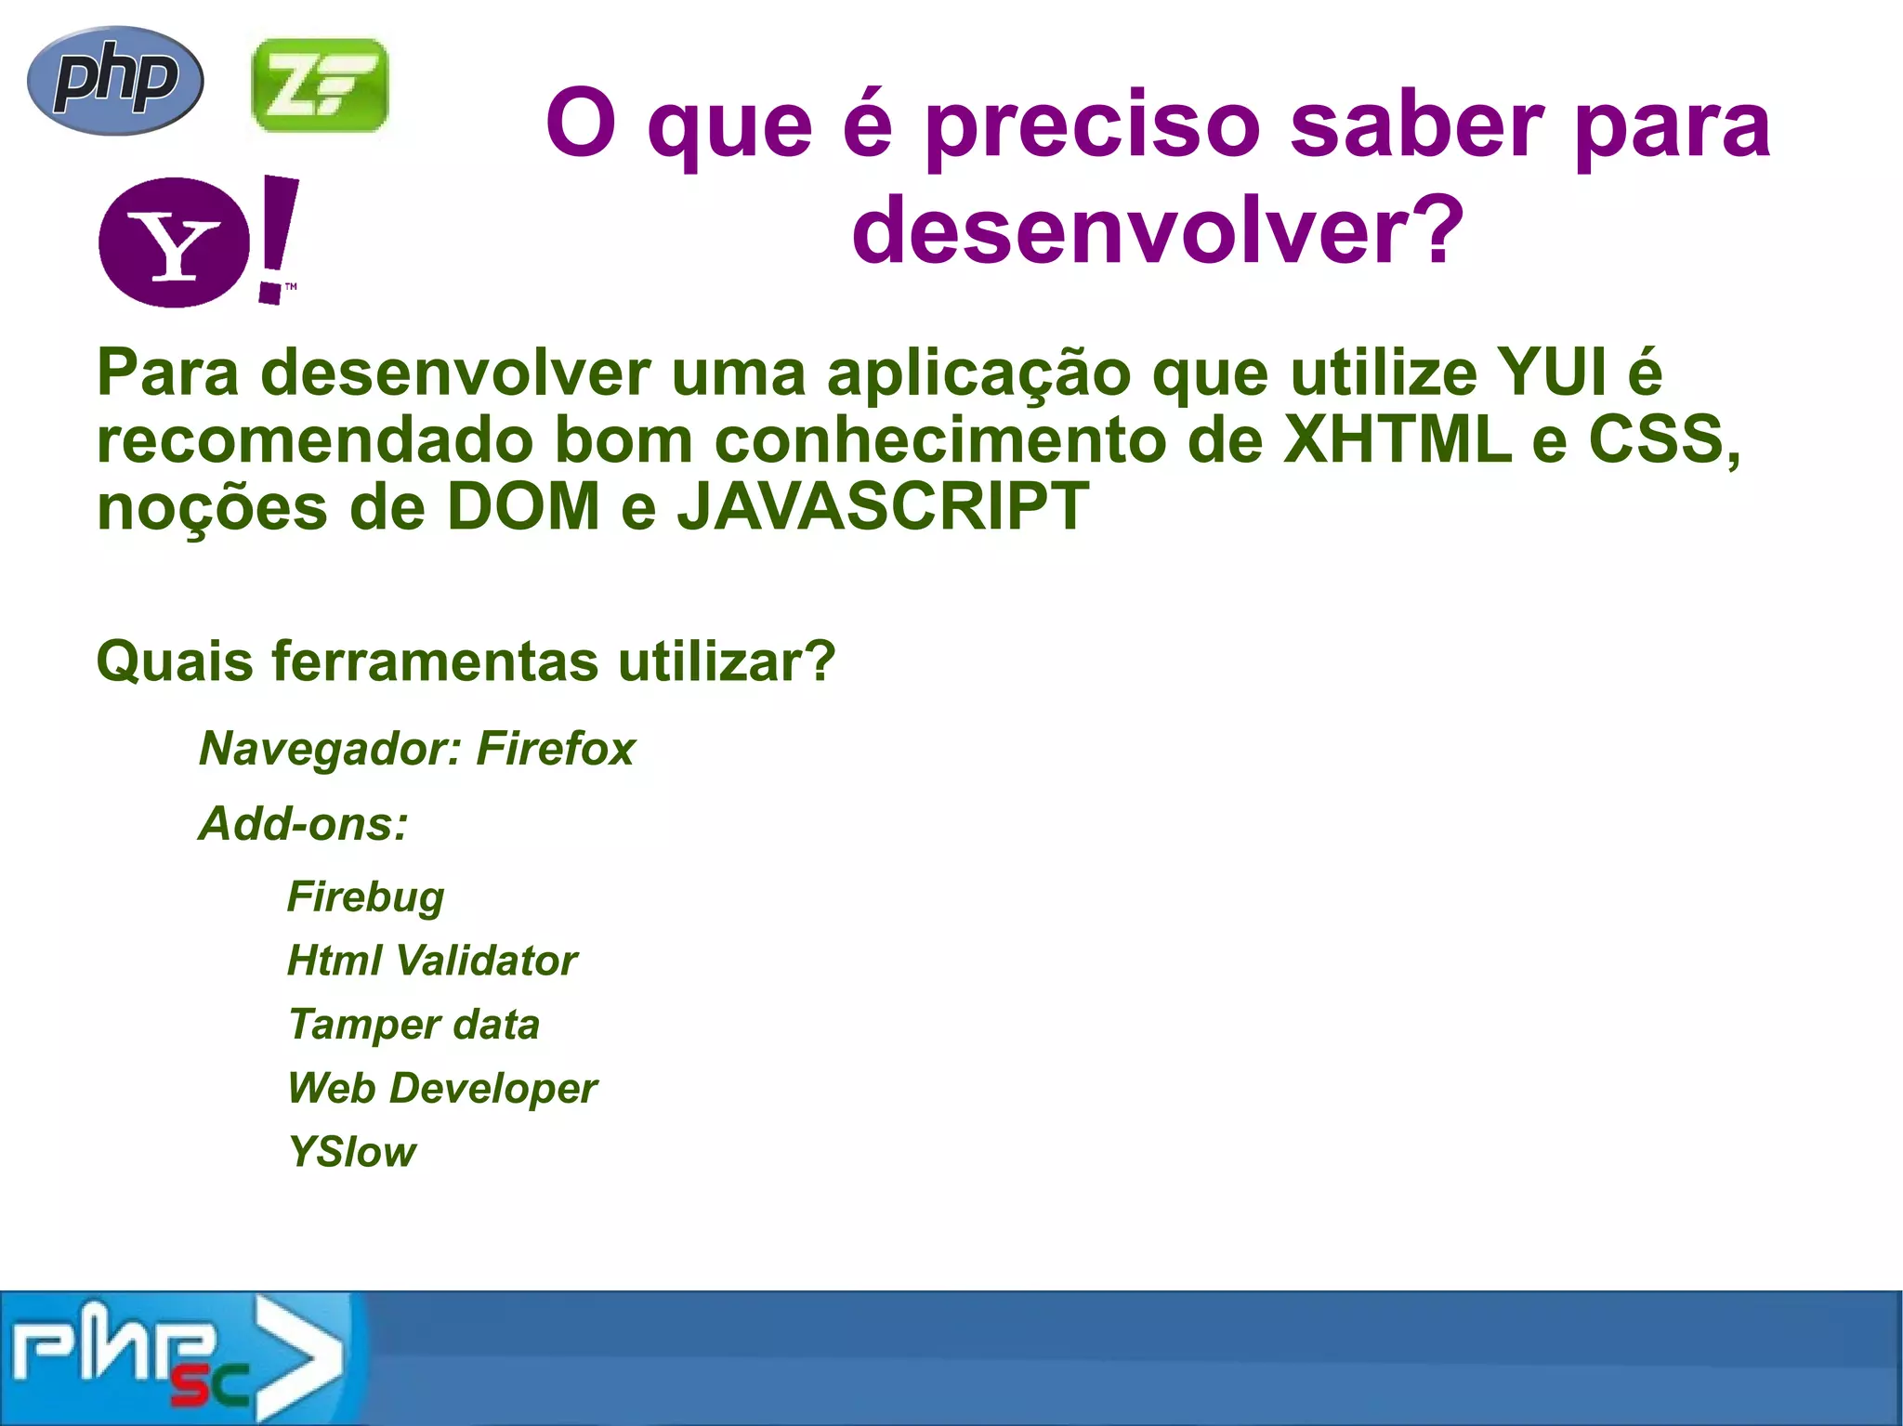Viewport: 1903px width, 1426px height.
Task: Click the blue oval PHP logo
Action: (115, 81)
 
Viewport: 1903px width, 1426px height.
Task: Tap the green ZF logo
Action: (320, 85)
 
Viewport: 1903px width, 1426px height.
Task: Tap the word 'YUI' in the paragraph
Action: (1552, 373)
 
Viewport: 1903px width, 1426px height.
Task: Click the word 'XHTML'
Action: (1398, 440)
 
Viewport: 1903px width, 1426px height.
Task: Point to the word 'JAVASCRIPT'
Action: (883, 507)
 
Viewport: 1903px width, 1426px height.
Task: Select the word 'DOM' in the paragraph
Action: (524, 507)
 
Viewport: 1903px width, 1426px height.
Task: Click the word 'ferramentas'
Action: (435, 661)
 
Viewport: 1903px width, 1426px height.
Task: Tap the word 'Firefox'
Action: (556, 749)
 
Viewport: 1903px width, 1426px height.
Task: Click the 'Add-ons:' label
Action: (304, 824)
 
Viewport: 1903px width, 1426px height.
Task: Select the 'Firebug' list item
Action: (366, 897)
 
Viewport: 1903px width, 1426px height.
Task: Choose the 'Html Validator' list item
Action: (432, 961)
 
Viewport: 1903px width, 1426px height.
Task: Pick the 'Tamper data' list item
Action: (413, 1025)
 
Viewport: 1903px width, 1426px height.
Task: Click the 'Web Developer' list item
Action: (442, 1089)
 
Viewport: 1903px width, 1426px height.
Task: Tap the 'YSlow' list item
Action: (352, 1153)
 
